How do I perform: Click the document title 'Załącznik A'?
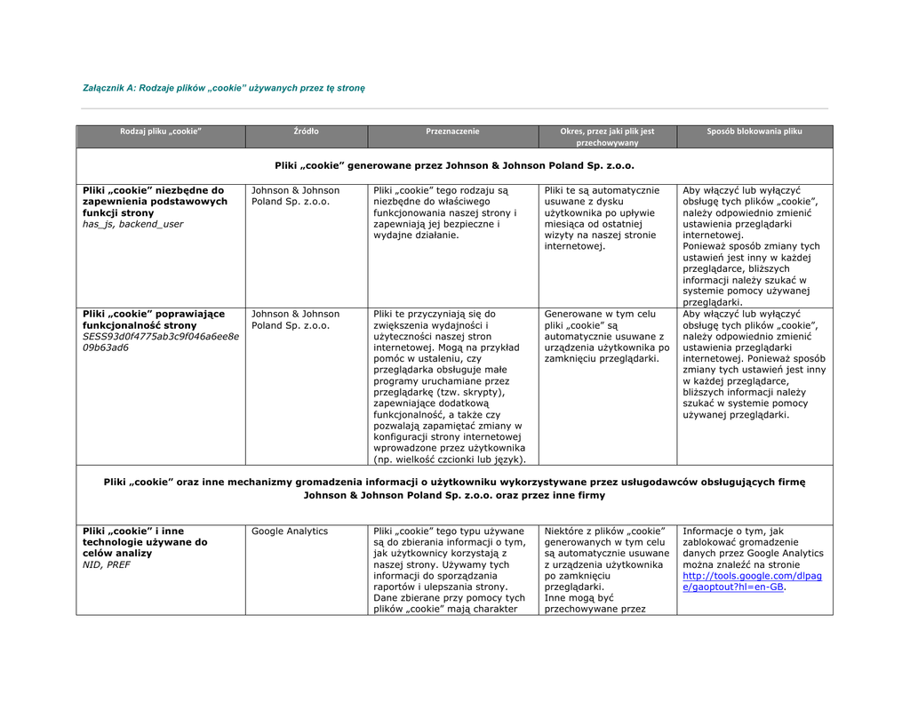(x=223, y=88)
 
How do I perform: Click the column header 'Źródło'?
(x=307, y=132)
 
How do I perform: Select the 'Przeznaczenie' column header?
(x=452, y=132)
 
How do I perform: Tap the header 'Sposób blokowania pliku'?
(x=754, y=132)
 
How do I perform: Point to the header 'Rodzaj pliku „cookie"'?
(x=161, y=132)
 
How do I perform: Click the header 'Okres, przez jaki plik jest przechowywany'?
(x=607, y=137)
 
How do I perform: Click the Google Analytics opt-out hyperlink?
(x=752, y=581)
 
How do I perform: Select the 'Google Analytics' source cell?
(x=290, y=531)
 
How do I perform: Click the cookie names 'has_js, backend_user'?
(x=132, y=224)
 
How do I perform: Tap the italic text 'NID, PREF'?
(x=107, y=564)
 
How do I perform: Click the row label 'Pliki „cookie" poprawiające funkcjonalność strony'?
(x=153, y=319)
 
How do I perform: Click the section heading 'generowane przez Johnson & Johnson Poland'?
(x=454, y=165)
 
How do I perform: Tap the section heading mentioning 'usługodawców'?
(x=454, y=488)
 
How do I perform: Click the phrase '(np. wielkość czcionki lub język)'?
(x=450, y=459)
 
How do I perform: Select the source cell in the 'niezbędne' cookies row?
(x=295, y=196)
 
